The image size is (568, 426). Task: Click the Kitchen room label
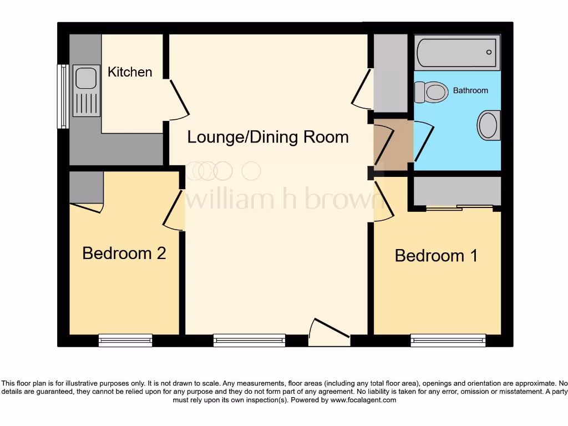pyautogui.click(x=130, y=72)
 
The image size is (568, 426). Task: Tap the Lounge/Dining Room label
pyautogui.click(x=268, y=137)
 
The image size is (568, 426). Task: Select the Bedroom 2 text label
pyautogui.click(x=124, y=253)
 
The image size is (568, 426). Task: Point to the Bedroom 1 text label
pyautogui.click(x=436, y=256)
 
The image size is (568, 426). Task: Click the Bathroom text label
pyautogui.click(x=470, y=90)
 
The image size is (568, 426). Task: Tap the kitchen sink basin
pyautogui.click(x=86, y=78)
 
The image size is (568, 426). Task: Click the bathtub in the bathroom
pyautogui.click(x=457, y=52)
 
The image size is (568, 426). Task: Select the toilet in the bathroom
pyautogui.click(x=432, y=92)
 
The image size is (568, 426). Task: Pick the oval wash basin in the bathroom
pyautogui.click(x=489, y=125)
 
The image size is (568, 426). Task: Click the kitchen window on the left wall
pyautogui.click(x=63, y=97)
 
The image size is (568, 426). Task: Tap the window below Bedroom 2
pyautogui.click(x=125, y=340)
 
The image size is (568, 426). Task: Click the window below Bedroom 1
pyautogui.click(x=448, y=340)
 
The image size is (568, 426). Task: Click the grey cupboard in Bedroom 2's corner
pyautogui.click(x=86, y=187)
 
